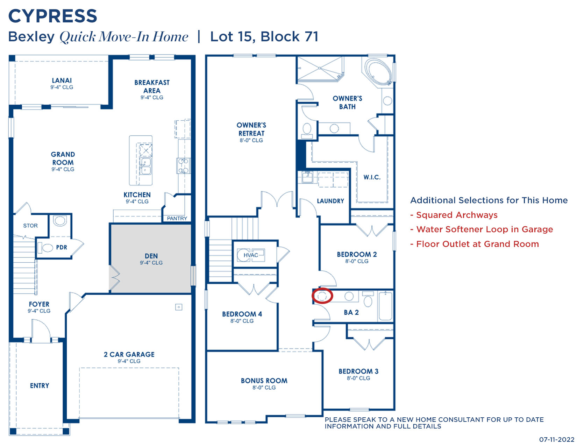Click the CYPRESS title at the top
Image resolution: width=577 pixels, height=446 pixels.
click(x=52, y=16)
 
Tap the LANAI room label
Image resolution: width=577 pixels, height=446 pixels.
click(x=62, y=80)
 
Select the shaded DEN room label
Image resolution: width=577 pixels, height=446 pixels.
click(x=151, y=256)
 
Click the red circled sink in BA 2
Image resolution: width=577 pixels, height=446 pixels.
click(x=322, y=296)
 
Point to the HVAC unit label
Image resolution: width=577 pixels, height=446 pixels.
click(x=251, y=255)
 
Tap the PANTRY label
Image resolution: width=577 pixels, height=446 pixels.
click(x=177, y=218)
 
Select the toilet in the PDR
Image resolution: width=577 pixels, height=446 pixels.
click(x=45, y=247)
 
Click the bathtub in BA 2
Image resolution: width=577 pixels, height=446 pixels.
click(x=385, y=306)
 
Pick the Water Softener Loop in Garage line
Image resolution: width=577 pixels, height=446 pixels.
click(x=484, y=229)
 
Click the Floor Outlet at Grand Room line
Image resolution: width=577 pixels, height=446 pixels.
click(x=477, y=244)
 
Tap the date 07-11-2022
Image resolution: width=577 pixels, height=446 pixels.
click(x=557, y=440)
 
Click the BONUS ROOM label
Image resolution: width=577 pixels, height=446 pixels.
click(x=264, y=381)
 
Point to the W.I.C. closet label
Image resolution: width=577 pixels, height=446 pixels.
click(x=372, y=177)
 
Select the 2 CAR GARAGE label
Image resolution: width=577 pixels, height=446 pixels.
click(x=129, y=354)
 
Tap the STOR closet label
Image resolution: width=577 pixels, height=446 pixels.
click(x=30, y=226)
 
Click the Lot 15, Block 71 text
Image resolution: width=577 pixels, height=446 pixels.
click(x=264, y=37)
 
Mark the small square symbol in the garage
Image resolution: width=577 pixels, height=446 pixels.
click(x=179, y=307)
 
